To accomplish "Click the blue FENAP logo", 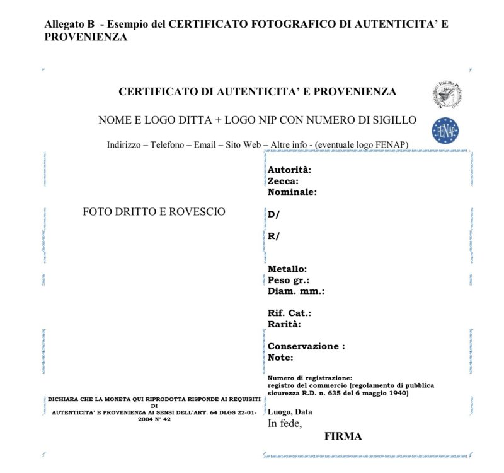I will tap(444, 131).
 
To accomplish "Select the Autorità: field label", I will tap(289, 170).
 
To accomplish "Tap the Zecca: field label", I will tap(283, 181).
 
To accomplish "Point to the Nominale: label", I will tap(292, 192).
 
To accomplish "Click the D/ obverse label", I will tap(273, 214).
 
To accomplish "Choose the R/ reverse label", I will tap(273, 237).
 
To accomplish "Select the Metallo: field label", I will tap(287, 269).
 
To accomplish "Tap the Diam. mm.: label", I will tap(295, 291).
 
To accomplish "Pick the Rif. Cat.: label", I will tap(289, 313).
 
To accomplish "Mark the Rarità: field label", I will tap(284, 324).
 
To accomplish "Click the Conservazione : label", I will tap(306, 346).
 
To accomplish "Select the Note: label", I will tap(280, 358).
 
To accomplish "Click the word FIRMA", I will tap(343, 436).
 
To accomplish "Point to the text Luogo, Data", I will tap(290, 412).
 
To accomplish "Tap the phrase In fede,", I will tap(285, 423).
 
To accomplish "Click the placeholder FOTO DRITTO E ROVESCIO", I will tap(154, 212).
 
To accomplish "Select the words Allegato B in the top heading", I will tap(69, 24).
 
